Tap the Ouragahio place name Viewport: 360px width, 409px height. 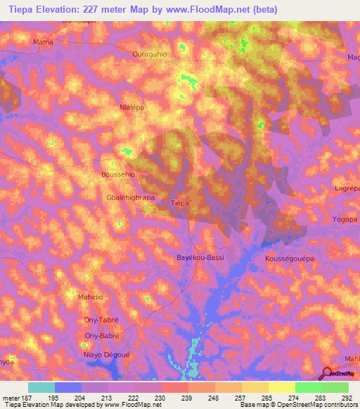click(x=149, y=53)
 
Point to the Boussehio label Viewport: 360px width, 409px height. click(x=118, y=174)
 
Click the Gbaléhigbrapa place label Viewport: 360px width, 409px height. click(x=130, y=197)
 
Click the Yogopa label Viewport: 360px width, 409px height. click(x=345, y=219)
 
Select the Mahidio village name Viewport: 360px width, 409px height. click(x=90, y=297)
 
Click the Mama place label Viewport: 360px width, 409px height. click(x=44, y=42)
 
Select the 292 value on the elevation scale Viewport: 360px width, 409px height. click(x=346, y=397)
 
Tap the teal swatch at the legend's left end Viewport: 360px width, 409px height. click(x=41, y=387)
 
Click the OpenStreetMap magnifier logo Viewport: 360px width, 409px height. click(x=328, y=372)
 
